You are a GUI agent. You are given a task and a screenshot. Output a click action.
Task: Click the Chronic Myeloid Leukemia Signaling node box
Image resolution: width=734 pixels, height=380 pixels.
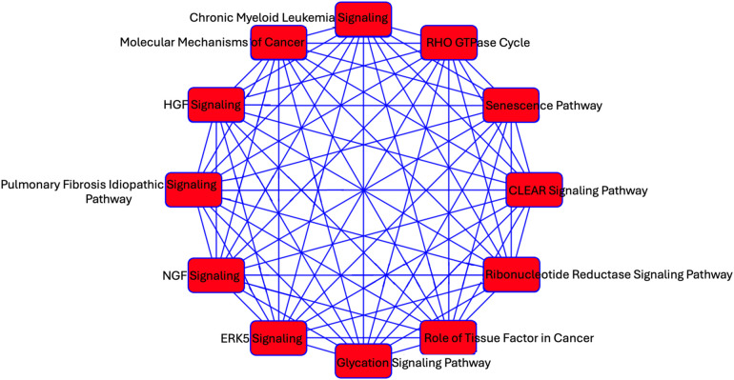point(363,18)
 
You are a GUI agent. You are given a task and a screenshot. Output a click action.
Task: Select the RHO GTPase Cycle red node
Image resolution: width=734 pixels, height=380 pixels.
point(448,43)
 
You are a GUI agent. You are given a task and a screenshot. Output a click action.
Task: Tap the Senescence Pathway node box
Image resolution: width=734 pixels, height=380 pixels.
point(512,105)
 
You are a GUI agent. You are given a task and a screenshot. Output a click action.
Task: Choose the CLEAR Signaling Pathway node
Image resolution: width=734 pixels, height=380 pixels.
point(535,190)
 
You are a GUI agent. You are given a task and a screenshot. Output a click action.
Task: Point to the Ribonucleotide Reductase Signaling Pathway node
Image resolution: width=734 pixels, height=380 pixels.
point(512,275)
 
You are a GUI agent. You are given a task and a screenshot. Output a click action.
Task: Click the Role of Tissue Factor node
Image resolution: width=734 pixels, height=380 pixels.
point(448,338)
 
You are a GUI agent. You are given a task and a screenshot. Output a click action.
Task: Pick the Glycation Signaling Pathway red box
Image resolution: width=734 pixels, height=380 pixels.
point(363,362)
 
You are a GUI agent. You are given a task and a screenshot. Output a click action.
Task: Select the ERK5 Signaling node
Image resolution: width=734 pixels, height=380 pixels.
point(278,338)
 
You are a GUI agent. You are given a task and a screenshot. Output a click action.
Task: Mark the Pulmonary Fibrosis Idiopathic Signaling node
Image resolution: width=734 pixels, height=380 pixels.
point(194,188)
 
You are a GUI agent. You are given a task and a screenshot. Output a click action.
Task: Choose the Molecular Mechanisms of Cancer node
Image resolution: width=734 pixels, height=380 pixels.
point(278,43)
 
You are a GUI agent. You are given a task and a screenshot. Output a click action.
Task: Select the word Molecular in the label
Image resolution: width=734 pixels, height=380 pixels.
point(150,42)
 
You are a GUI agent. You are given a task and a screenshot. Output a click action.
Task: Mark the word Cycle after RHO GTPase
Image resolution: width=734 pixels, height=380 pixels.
point(513,43)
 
